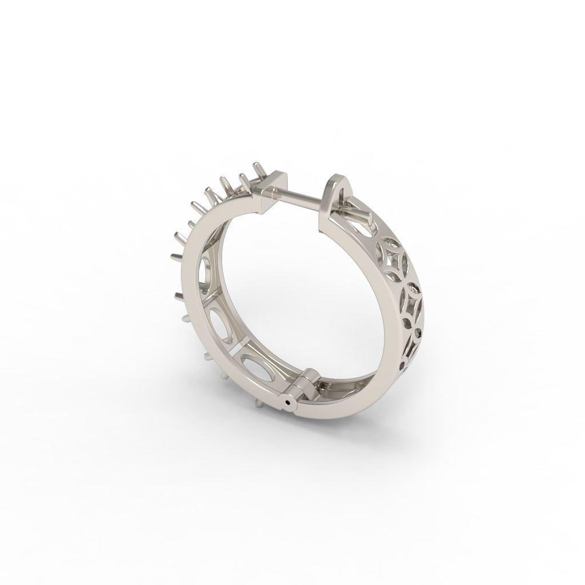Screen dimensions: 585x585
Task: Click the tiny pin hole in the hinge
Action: [287, 403]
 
